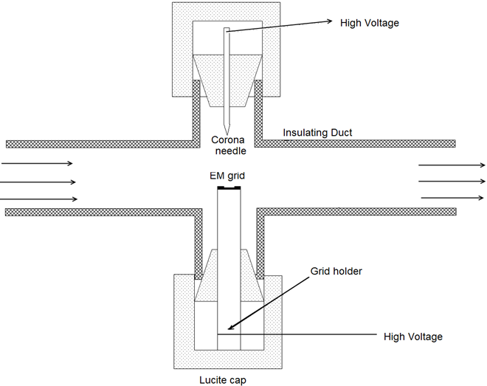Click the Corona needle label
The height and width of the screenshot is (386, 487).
[229, 145]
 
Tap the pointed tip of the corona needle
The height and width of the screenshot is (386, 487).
[227, 134]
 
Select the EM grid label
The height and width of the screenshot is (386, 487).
[227, 176]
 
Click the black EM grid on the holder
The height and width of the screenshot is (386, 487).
[229, 187]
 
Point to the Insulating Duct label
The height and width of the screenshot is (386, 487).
[317, 133]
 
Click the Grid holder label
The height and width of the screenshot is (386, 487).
[336, 271]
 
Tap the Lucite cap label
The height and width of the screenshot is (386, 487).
[223, 380]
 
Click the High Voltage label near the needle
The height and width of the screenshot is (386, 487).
[369, 23]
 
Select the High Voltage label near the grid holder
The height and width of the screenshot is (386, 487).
[413, 337]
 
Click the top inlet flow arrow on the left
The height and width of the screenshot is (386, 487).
[37, 163]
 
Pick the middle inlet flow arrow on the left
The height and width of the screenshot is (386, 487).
[38, 182]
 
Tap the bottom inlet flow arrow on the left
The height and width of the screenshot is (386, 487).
[39, 199]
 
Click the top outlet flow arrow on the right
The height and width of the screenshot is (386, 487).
[452, 165]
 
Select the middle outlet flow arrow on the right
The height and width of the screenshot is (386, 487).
[452, 182]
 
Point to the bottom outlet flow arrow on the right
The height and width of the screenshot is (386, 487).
[452, 198]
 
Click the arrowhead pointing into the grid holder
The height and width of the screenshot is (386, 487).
[231, 327]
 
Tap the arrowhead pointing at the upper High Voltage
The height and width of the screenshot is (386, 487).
[329, 21]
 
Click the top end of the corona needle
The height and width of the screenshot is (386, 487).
[227, 28]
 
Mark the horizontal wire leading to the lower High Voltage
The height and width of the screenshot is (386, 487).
[297, 334]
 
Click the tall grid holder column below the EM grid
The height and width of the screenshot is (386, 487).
[229, 269]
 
